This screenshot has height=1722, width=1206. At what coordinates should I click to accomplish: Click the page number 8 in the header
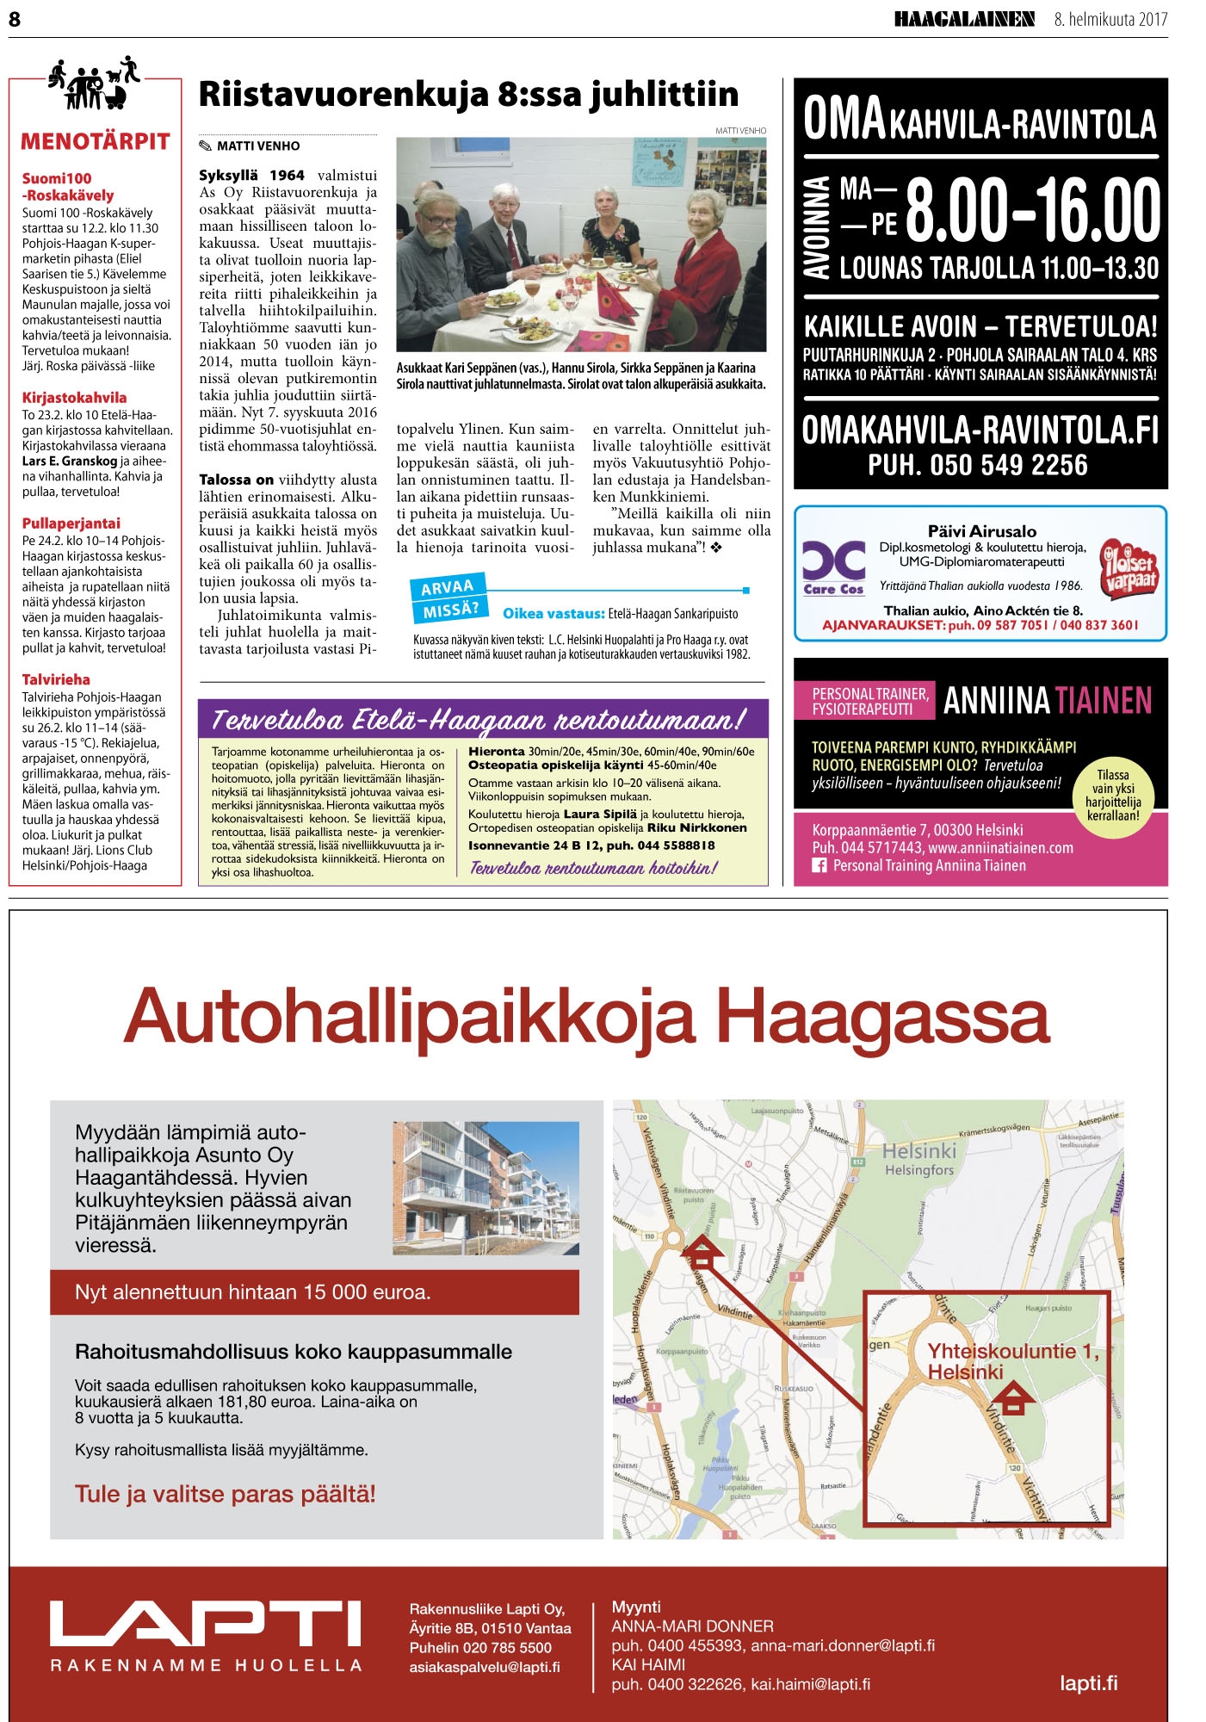pyautogui.click(x=15, y=19)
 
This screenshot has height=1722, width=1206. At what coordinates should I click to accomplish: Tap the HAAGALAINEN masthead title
pyautogui.click(x=963, y=19)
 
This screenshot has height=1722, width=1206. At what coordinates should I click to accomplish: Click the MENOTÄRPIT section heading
pyautogui.click(x=96, y=142)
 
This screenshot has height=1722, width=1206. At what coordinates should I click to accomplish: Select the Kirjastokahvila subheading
pyautogui.click(x=74, y=398)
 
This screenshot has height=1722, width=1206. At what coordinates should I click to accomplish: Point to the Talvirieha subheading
pyautogui.click(x=56, y=679)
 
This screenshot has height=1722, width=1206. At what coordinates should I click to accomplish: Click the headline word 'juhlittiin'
pyautogui.click(x=664, y=94)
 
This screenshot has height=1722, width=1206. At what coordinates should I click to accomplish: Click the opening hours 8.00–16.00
pyautogui.click(x=1033, y=211)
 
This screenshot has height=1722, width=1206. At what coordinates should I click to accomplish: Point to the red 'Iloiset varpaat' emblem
pyautogui.click(x=1128, y=570)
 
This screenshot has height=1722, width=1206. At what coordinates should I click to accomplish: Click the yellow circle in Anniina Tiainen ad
pyautogui.click(x=1113, y=795)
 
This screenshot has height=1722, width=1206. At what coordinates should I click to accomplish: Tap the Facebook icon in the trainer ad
pyautogui.click(x=819, y=866)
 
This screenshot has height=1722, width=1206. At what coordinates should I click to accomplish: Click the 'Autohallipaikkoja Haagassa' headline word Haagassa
pyautogui.click(x=883, y=1017)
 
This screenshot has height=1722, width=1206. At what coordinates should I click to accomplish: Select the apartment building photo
pyautogui.click(x=485, y=1187)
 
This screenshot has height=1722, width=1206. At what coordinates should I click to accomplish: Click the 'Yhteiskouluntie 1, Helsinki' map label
pyautogui.click(x=1011, y=1361)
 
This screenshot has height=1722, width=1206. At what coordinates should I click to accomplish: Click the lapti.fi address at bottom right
pyautogui.click(x=1089, y=1682)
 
